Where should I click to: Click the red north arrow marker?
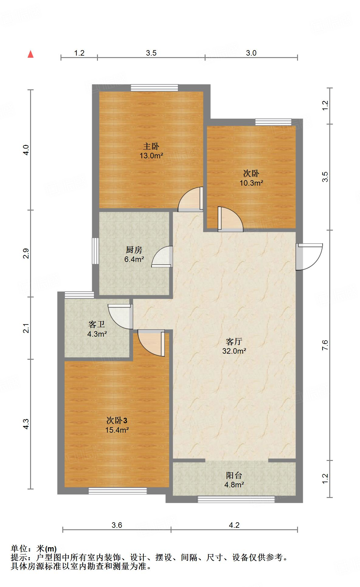click(30, 54)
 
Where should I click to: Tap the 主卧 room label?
click(151, 146)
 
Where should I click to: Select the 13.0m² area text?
click(151, 156)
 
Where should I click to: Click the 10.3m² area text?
click(251, 183)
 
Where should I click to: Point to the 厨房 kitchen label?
click(134, 250)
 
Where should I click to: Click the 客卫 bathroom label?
click(97, 324)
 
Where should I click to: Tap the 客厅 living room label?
click(234, 342)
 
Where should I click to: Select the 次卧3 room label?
click(117, 421)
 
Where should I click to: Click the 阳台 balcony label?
click(234, 475)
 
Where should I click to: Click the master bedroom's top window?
click(154, 88)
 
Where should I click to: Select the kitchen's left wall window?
click(95, 251)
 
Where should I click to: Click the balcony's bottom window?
click(236, 499)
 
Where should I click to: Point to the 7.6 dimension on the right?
click(325, 345)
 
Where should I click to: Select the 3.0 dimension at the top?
click(251, 53)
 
